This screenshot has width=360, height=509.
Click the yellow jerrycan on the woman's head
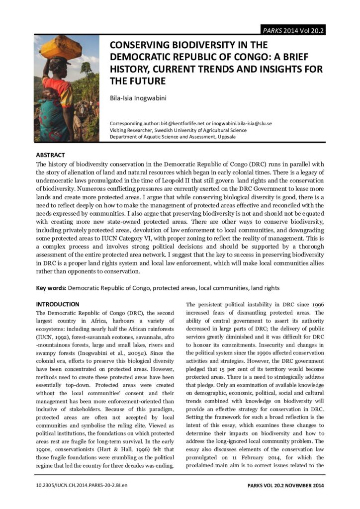(x=61, y=48)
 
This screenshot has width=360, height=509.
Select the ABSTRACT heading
(x=50, y=155)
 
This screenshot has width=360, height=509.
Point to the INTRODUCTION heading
(x=58, y=304)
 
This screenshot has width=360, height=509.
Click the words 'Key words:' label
(x=51, y=288)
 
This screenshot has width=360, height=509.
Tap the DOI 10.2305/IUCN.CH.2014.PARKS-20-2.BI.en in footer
(x=82, y=484)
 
